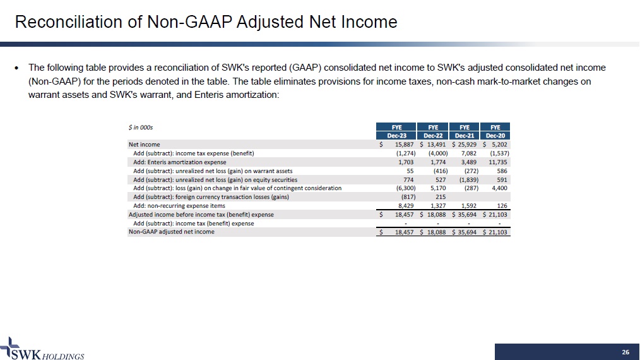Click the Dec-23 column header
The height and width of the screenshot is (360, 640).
coord(396,135)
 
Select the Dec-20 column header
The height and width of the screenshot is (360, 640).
coord(495,135)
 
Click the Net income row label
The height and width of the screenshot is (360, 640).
coord(145,145)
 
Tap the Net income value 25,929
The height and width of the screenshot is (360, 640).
coord(466,145)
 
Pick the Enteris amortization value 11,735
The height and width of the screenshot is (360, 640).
coord(498,162)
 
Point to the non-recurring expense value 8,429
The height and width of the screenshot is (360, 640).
coord(404,205)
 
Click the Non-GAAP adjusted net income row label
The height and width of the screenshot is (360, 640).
coord(172,232)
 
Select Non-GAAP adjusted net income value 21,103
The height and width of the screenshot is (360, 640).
coord(498,232)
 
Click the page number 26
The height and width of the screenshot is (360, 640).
coord(625,352)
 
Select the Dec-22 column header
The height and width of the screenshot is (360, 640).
coord(433,135)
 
